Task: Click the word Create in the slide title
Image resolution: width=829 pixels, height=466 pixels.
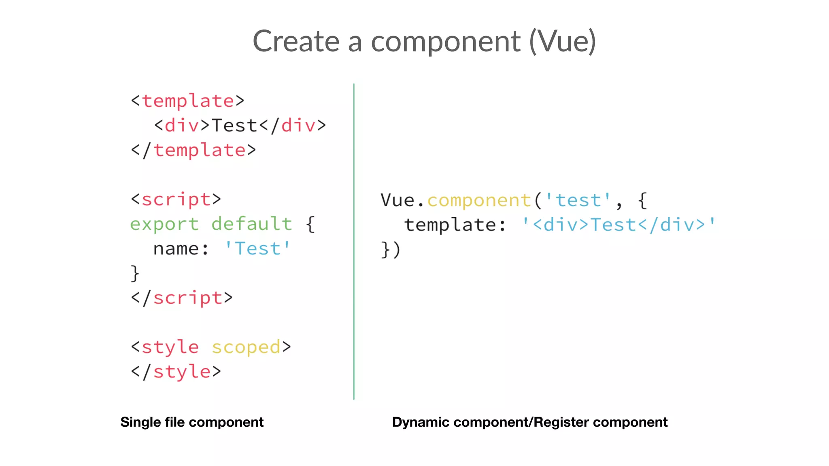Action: (296, 41)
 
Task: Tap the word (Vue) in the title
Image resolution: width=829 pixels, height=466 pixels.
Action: (562, 41)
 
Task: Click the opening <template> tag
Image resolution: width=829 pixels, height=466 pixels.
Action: (188, 101)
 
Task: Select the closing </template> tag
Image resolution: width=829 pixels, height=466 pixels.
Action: (193, 150)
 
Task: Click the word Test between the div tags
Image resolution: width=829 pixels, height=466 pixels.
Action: (235, 125)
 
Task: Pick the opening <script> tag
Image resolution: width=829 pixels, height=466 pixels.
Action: (176, 199)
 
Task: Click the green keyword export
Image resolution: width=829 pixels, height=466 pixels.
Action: (164, 224)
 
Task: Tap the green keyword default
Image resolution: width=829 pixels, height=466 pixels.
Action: (252, 224)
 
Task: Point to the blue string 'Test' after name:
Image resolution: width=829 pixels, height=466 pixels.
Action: (257, 248)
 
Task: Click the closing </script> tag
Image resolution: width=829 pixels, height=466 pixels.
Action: (182, 298)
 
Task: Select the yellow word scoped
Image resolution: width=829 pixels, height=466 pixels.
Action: (246, 347)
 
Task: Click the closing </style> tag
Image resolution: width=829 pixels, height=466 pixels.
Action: (176, 372)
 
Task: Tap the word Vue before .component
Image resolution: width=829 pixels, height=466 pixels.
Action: (398, 200)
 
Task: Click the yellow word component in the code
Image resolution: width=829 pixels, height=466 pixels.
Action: (479, 200)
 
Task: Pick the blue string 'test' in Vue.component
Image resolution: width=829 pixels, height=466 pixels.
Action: (578, 200)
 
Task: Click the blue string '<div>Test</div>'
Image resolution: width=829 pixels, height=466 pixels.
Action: (619, 225)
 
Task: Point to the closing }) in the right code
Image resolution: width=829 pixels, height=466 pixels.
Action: (391, 250)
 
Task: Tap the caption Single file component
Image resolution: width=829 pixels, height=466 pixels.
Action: (192, 422)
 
